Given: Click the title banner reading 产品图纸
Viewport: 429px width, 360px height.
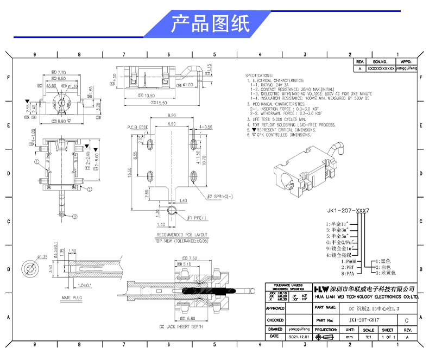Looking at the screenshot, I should point(210,24).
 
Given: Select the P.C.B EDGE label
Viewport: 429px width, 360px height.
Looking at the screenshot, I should point(138,127).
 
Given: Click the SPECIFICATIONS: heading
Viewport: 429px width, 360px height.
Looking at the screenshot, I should point(260,75).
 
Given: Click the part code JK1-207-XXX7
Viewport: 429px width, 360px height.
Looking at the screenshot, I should point(348,209).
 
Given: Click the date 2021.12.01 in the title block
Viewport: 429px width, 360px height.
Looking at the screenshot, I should point(298,337).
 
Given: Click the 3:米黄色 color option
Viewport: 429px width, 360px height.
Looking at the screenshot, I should point(387,273).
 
